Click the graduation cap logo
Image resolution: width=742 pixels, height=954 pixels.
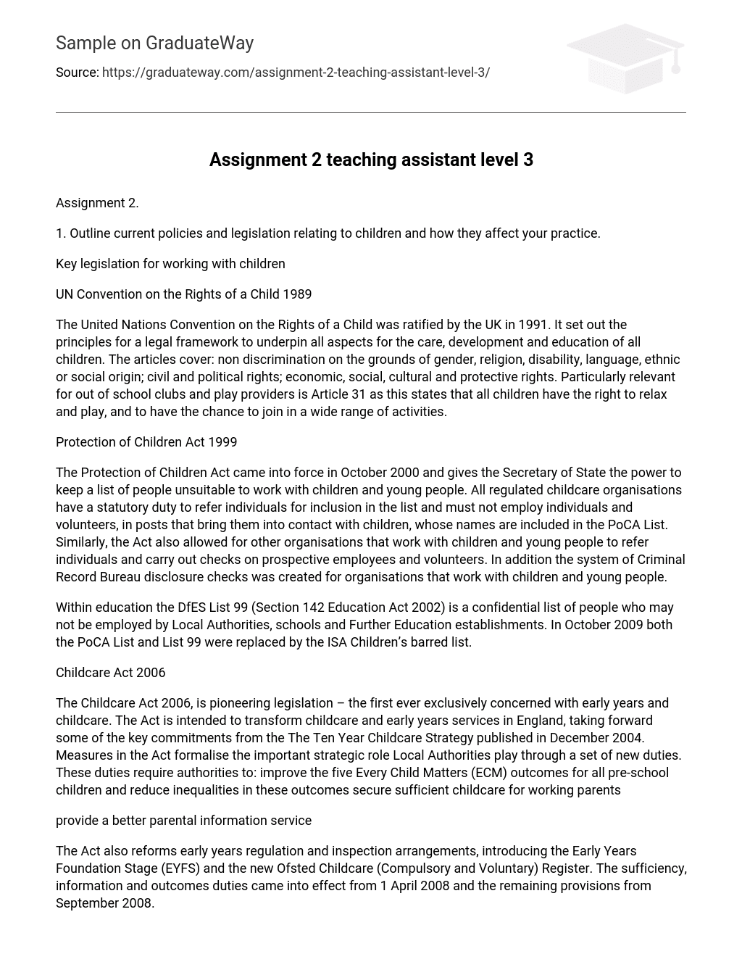[626, 59]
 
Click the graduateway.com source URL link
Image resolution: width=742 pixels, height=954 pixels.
[296, 72]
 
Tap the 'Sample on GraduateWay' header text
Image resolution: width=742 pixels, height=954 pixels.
[154, 43]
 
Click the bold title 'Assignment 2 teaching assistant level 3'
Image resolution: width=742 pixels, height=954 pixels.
[371, 159]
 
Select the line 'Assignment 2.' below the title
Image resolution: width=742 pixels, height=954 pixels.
[97, 203]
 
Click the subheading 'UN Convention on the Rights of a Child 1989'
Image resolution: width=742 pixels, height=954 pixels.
[183, 294]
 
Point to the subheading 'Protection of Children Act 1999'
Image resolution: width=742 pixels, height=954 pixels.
[146, 442]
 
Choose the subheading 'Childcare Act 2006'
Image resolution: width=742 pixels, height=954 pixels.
[110, 673]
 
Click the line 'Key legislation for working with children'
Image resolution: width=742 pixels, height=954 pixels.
[170, 264]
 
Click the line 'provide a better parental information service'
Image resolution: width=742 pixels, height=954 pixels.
[183, 821]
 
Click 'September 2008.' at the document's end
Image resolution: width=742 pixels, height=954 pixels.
[105, 903]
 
